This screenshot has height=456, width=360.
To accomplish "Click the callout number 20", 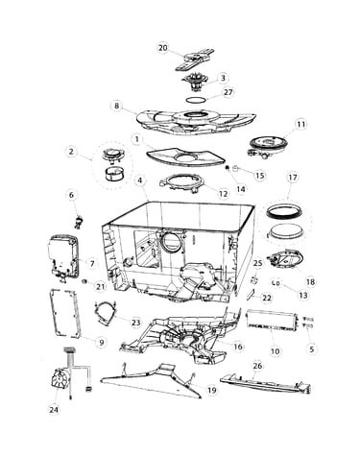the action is [162, 48].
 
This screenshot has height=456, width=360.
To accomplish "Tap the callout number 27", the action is [228, 92].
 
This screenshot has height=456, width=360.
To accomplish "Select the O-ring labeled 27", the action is [197, 100].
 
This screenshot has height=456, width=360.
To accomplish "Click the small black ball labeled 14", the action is [228, 168].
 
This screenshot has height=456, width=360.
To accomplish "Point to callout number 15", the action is [260, 175].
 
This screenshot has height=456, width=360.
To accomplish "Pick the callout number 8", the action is [117, 106].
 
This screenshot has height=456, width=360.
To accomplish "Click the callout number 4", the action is [140, 180].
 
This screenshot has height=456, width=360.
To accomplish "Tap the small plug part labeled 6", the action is [79, 222].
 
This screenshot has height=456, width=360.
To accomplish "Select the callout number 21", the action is [101, 287].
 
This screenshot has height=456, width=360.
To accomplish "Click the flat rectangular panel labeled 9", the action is [64, 313].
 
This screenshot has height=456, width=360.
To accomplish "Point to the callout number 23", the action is [136, 323].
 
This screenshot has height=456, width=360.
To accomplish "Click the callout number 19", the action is [212, 390].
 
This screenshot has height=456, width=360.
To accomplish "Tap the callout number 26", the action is [257, 366].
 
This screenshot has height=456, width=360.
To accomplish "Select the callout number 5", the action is [312, 348].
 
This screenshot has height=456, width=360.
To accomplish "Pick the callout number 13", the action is [303, 295].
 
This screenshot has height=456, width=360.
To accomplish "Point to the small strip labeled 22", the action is [250, 294].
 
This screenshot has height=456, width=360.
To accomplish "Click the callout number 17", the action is [293, 178].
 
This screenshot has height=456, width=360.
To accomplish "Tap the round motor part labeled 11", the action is [269, 146].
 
